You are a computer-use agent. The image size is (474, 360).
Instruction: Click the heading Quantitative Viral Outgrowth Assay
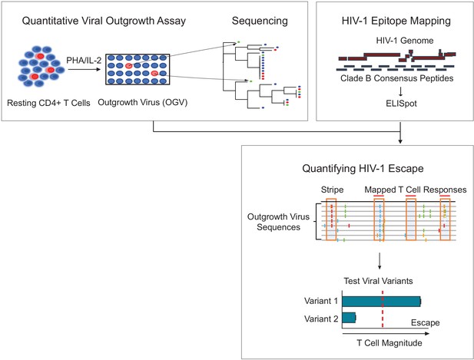click(x=104, y=21)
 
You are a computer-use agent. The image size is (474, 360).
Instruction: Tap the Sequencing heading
click(x=260, y=21)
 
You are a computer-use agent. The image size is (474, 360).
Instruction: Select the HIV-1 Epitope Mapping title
click(x=396, y=21)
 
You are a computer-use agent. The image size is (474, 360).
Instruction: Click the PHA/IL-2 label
click(x=84, y=61)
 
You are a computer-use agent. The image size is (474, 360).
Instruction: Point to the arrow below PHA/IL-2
click(x=84, y=69)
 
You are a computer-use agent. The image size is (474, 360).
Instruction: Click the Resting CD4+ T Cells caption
click(x=48, y=104)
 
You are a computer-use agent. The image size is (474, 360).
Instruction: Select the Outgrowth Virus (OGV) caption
click(x=143, y=103)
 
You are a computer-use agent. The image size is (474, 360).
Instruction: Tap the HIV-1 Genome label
click(x=404, y=41)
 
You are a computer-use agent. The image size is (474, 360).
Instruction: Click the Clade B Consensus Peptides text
click(x=397, y=78)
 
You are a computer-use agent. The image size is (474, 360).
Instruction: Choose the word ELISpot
click(x=401, y=104)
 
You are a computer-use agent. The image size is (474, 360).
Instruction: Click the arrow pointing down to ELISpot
click(x=400, y=91)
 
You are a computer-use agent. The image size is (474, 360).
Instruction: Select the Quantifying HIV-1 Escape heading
click(x=363, y=169)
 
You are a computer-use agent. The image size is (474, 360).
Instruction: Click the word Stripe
click(x=332, y=190)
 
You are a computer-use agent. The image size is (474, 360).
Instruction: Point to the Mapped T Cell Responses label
click(x=416, y=190)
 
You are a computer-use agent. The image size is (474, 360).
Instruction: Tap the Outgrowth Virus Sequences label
click(x=278, y=222)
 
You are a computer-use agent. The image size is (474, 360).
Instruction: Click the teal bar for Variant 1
click(x=382, y=302)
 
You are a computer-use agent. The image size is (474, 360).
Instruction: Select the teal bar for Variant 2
click(x=349, y=318)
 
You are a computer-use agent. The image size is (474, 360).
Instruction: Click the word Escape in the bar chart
click(x=425, y=323)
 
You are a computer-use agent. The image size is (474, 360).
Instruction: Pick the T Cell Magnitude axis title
click(x=389, y=343)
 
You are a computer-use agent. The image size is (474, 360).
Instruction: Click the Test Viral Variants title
click(x=378, y=281)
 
